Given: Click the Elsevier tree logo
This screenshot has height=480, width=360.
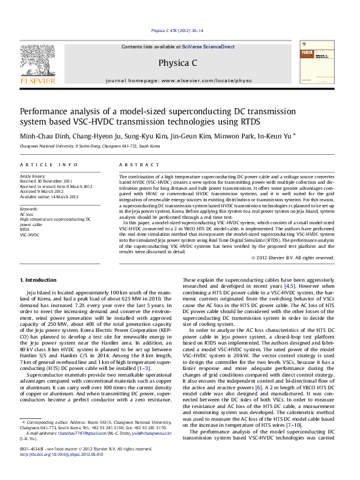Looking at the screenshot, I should tap(38, 60).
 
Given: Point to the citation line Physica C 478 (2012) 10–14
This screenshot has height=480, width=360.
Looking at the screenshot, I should tap(177, 30).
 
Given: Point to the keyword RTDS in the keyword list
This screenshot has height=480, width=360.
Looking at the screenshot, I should tap(25, 230).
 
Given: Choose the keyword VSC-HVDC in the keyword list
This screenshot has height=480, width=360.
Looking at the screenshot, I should tap(30, 235).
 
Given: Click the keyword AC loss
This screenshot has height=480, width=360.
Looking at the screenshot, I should tap(27, 214).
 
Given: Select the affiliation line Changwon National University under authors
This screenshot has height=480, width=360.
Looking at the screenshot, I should tap(86, 146).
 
